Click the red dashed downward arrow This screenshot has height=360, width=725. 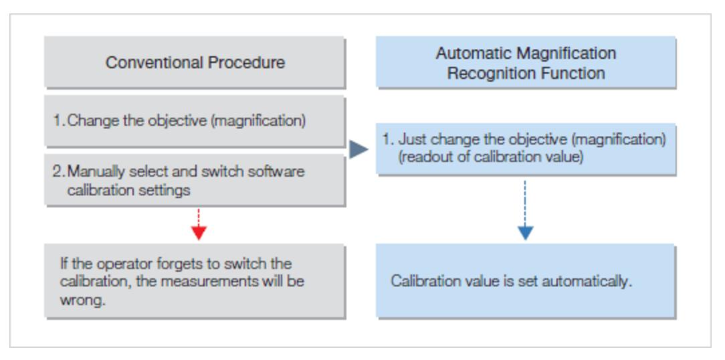(x=198, y=224)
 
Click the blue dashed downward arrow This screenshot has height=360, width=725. (x=525, y=211)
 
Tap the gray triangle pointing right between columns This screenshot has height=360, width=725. (x=358, y=149)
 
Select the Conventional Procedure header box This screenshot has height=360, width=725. (x=195, y=62)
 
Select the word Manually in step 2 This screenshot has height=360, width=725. (x=95, y=172)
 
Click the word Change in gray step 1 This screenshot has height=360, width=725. (x=92, y=122)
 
